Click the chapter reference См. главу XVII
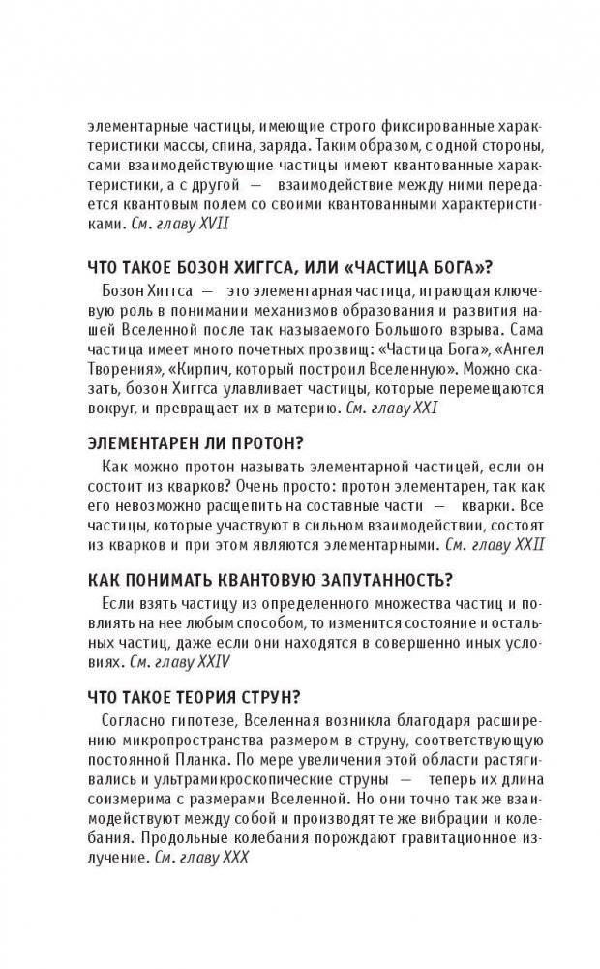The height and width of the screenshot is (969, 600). (x=179, y=223)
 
